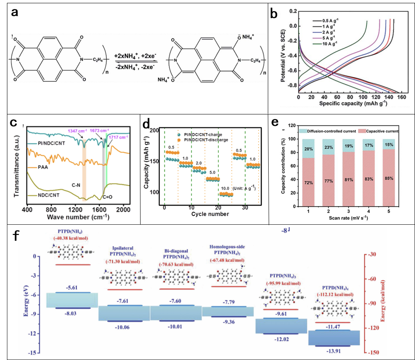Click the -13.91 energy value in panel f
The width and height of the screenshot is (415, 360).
tap(335, 350)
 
